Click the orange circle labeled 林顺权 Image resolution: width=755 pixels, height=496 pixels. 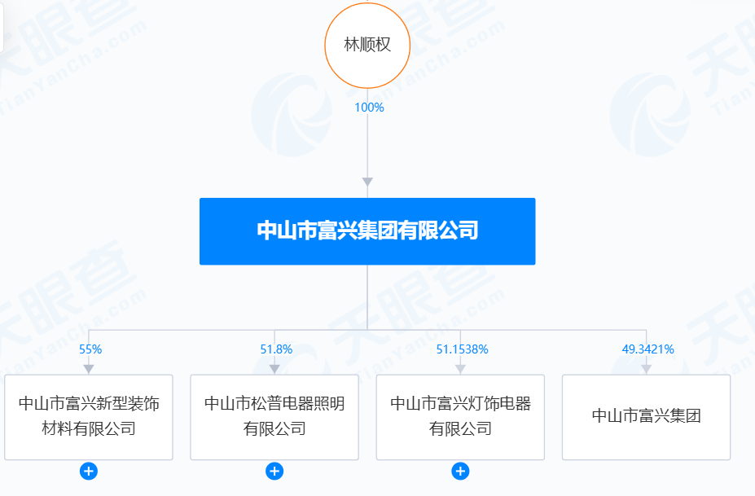(367, 46)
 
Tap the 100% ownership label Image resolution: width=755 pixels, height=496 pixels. (369, 108)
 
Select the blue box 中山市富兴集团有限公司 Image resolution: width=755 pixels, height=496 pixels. (367, 231)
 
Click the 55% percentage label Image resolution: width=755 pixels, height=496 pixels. (90, 349)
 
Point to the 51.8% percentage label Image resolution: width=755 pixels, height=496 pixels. (276, 349)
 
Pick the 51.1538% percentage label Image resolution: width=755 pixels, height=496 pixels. (463, 349)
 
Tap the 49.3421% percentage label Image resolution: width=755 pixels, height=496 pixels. (648, 349)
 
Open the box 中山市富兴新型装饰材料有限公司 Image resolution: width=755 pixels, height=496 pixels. (89, 417)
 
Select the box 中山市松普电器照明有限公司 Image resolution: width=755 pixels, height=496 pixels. (274, 417)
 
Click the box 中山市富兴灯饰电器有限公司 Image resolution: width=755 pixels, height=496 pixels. (460, 417)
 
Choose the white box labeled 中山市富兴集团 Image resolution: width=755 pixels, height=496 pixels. (646, 417)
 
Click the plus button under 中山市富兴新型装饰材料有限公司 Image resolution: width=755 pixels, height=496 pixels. (89, 471)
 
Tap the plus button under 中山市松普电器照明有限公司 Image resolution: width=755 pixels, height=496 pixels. (274, 471)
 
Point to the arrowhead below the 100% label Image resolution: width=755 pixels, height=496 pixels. (367, 182)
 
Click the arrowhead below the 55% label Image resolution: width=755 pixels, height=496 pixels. (89, 369)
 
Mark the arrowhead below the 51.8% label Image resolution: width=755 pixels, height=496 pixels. (274, 369)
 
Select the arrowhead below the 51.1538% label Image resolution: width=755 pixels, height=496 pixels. (460, 369)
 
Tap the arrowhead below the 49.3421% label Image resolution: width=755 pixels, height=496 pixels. (646, 369)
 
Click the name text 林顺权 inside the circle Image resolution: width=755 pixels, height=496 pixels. (367, 45)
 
